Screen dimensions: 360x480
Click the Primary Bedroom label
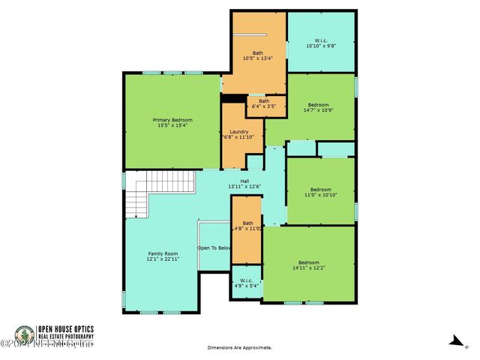tap(172, 120)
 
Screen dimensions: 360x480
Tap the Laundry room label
tap(239, 131)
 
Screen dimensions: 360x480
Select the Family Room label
tap(162, 254)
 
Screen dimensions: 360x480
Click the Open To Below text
tap(214, 247)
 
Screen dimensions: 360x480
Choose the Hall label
tap(244, 181)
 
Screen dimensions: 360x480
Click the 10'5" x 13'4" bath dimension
tap(258, 58)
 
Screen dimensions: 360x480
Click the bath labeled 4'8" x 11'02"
tap(247, 227)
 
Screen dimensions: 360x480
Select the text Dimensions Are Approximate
tap(240, 348)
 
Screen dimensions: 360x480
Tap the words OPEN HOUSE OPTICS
tap(70, 328)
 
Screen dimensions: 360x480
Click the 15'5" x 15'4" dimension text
tap(172, 126)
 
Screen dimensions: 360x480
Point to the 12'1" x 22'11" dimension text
tap(162, 259)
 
